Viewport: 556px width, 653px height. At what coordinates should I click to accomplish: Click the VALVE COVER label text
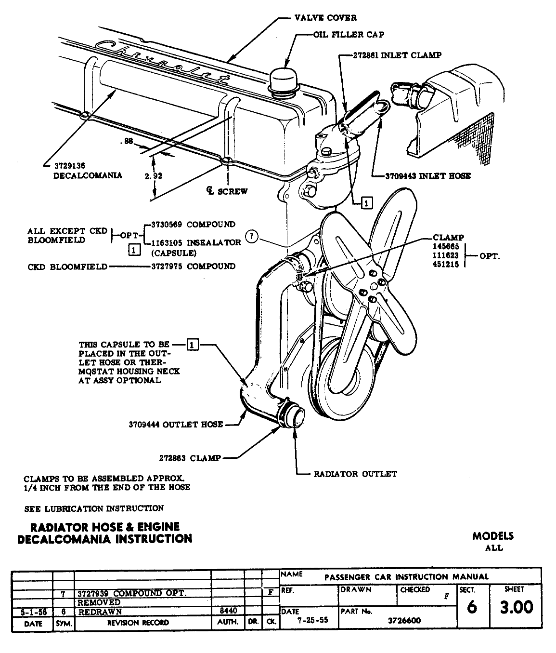[x=325, y=18]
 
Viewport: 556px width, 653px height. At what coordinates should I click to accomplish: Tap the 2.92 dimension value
[x=154, y=176]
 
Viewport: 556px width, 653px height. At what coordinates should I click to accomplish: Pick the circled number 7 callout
[x=252, y=237]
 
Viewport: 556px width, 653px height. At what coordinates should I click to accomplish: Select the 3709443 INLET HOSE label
[x=428, y=176]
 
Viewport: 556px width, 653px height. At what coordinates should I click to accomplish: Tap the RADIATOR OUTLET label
[x=355, y=474]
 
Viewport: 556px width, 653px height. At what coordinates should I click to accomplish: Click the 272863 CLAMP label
[x=190, y=458]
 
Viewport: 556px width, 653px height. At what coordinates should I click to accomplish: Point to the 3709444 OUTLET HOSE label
[x=176, y=425]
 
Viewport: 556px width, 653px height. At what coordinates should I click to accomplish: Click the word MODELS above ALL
[x=492, y=536]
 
